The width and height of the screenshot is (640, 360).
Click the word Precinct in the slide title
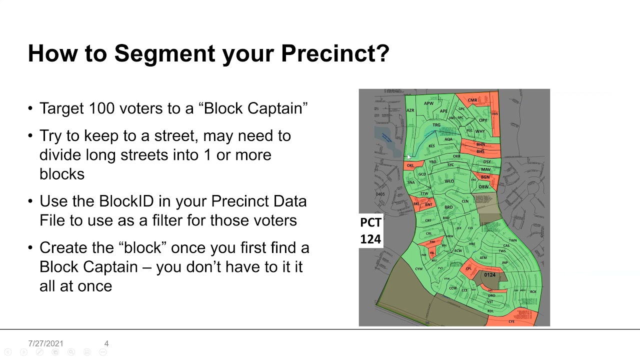pos(334,53)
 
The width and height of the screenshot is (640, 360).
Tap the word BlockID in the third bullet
pos(127,201)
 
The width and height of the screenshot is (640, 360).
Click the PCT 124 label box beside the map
pos(370,230)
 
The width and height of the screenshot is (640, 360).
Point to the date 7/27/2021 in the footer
pos(45,343)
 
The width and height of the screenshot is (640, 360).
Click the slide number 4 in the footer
pos(106,343)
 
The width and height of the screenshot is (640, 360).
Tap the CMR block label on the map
pos(472,100)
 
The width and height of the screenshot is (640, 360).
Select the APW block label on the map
pos(428,103)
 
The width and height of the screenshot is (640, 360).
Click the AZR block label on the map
pos(410,110)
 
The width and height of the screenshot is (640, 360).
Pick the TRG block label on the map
pos(436,125)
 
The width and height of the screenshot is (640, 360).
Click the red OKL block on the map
pos(410,165)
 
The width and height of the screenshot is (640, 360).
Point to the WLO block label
pos(449,181)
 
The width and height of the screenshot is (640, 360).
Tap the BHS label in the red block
pos(480,151)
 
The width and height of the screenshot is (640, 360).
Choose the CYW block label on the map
pos(418,269)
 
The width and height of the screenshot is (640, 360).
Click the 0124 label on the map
pos(489,275)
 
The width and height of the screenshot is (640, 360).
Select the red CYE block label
pos(511,321)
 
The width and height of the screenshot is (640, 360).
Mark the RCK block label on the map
pos(533,291)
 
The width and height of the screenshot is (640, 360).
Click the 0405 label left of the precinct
pos(380,194)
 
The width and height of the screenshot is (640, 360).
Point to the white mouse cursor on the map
pos(408,157)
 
